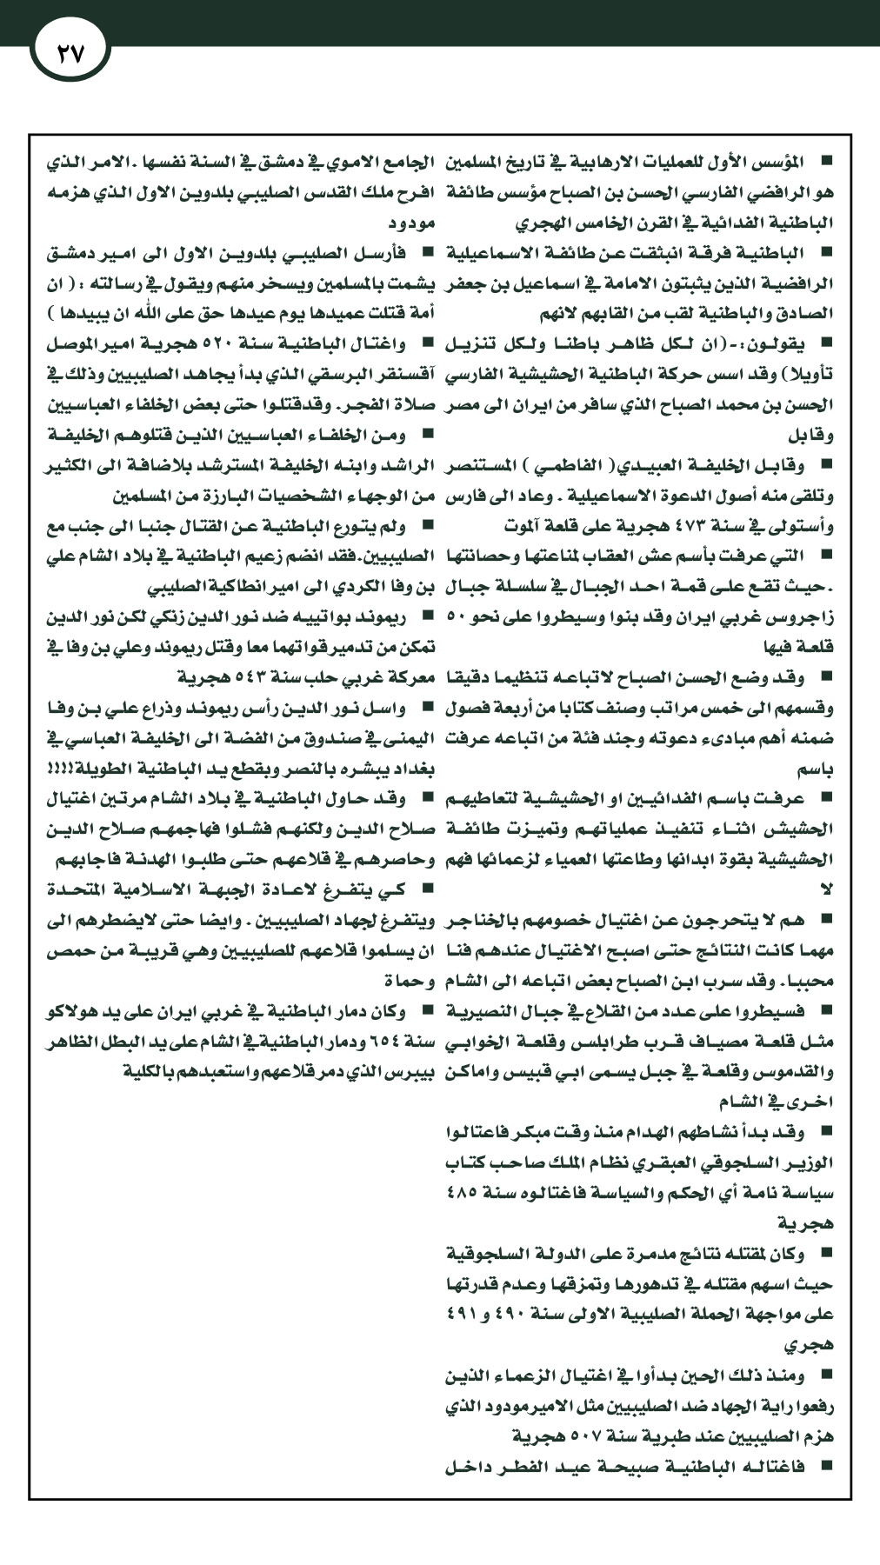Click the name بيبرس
(x=409, y=1071)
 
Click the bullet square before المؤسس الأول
(x=825, y=162)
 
